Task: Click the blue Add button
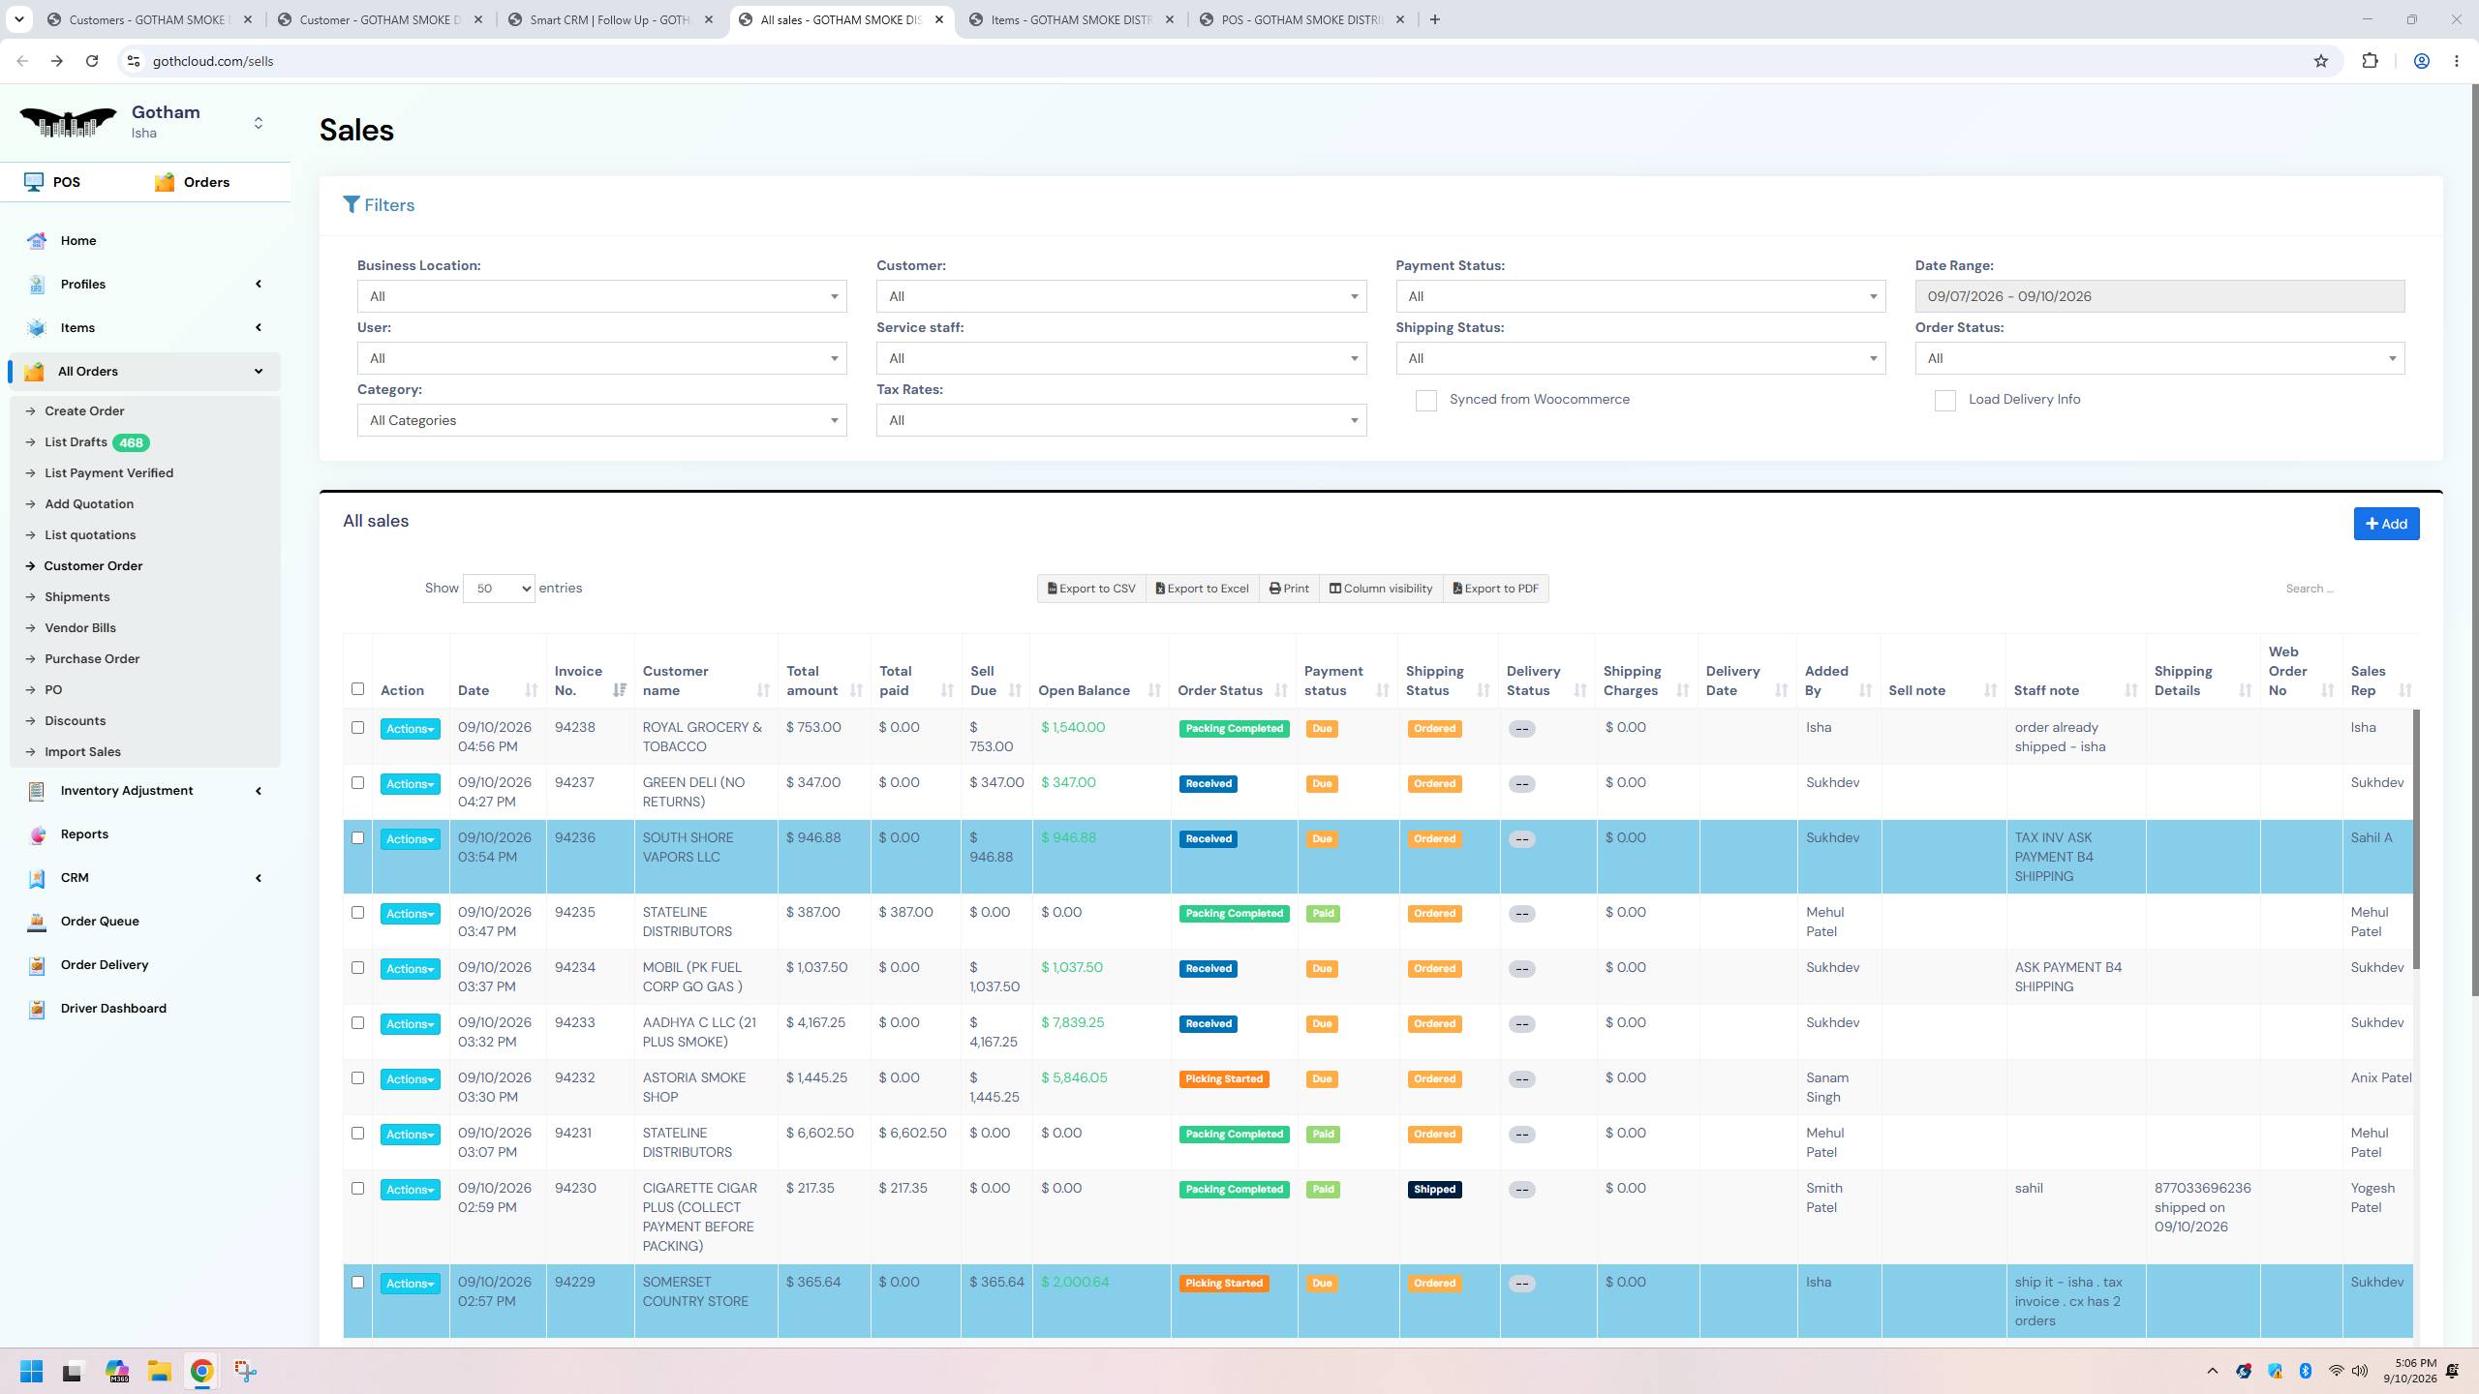click(x=2386, y=524)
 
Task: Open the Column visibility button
click(x=1381, y=589)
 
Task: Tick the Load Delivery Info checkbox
click(x=1944, y=401)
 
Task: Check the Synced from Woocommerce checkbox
click(x=1425, y=401)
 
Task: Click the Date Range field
click(x=2159, y=296)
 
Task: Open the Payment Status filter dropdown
click(x=1640, y=296)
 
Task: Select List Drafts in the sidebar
click(x=76, y=442)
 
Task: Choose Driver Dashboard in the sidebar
click(x=113, y=1008)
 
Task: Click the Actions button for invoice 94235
click(x=410, y=914)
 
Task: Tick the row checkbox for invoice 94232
click(x=357, y=1078)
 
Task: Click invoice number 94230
click(x=575, y=1188)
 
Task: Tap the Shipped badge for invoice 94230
click(x=1434, y=1190)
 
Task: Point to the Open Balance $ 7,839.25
click(x=1073, y=1022)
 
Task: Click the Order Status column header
click(x=1220, y=690)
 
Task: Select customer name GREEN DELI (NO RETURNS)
click(x=693, y=792)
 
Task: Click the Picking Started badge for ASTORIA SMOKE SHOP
click(x=1224, y=1079)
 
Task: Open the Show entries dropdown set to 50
click(x=499, y=589)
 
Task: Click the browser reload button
click(x=92, y=61)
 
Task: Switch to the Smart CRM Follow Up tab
click(x=610, y=19)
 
